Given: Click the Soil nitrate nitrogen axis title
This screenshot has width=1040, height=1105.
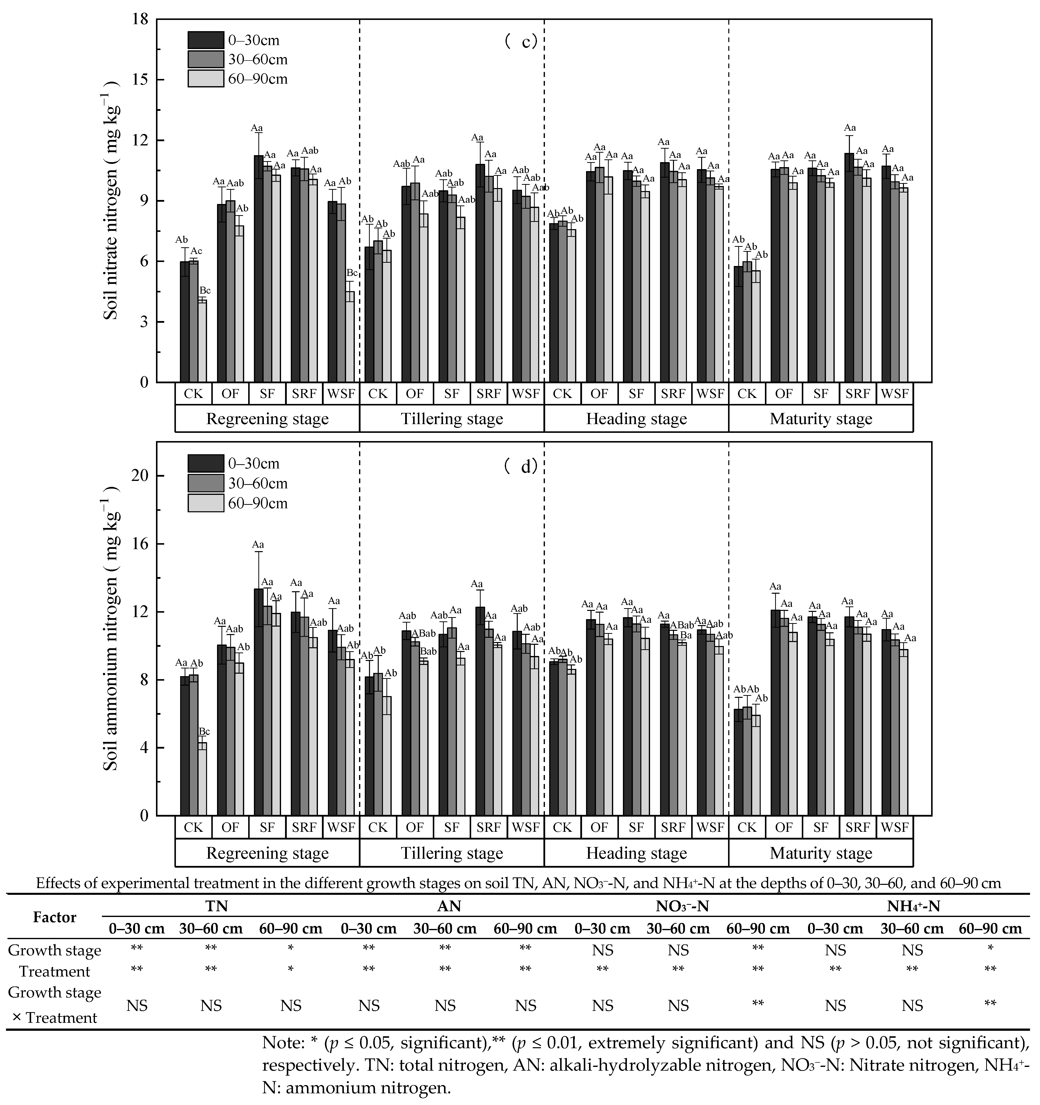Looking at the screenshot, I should coord(111,200).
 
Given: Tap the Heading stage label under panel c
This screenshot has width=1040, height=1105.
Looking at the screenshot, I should coord(636,419).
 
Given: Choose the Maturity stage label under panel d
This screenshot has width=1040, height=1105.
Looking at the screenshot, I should coord(821,853).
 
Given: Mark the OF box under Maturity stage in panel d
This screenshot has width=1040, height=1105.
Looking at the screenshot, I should coord(784,827).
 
